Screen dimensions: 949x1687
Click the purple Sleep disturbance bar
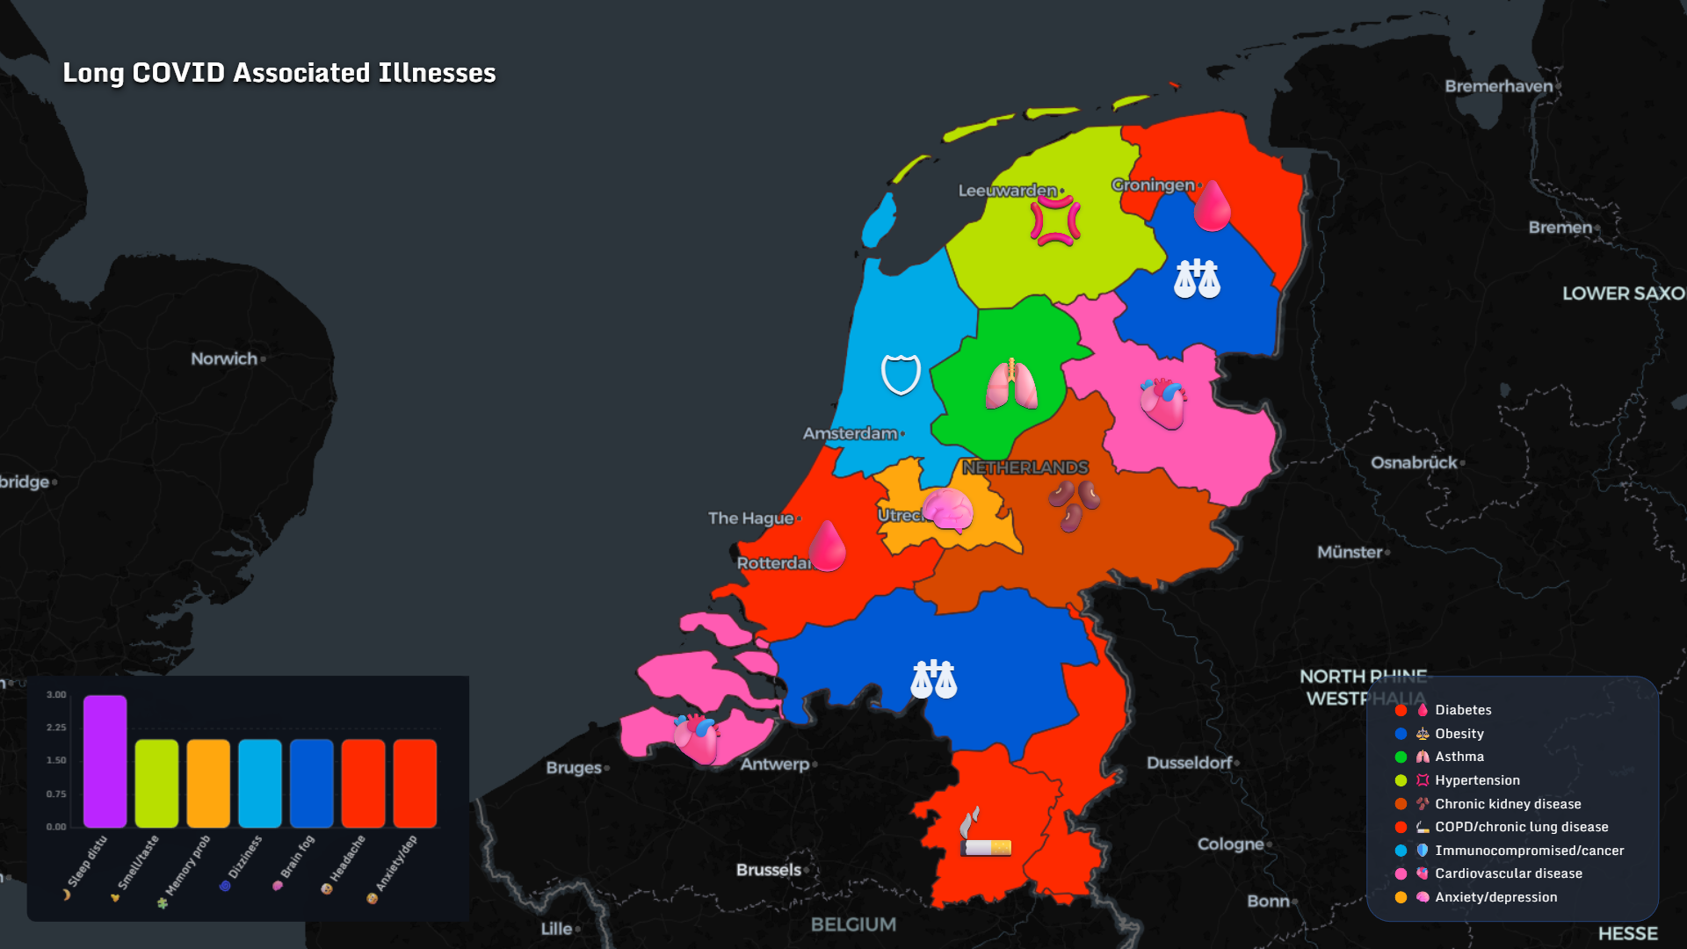pos(105,761)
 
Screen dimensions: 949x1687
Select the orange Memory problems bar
pos(208,783)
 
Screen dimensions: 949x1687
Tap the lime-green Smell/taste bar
pos(156,783)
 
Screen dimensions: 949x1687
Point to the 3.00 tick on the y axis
pos(56,695)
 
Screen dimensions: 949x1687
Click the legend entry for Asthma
pos(1459,757)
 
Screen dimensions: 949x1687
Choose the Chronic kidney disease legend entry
pos(1507,804)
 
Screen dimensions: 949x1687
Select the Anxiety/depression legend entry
pos(1495,897)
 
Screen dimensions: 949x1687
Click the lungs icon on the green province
pos(1011,385)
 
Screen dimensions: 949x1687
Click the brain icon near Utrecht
pos(947,510)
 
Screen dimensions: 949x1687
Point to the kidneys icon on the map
pos(1074,505)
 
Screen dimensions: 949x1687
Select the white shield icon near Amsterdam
pos(901,374)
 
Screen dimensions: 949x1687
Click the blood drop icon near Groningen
pos(1212,206)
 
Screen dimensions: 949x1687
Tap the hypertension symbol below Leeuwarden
pos(1055,221)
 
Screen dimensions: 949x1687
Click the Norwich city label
pos(224,359)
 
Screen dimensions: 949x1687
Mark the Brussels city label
pos(769,870)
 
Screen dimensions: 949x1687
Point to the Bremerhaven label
pos(1498,86)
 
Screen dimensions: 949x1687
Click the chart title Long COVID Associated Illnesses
pos(279,73)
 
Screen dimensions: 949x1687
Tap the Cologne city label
pos(1230,844)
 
